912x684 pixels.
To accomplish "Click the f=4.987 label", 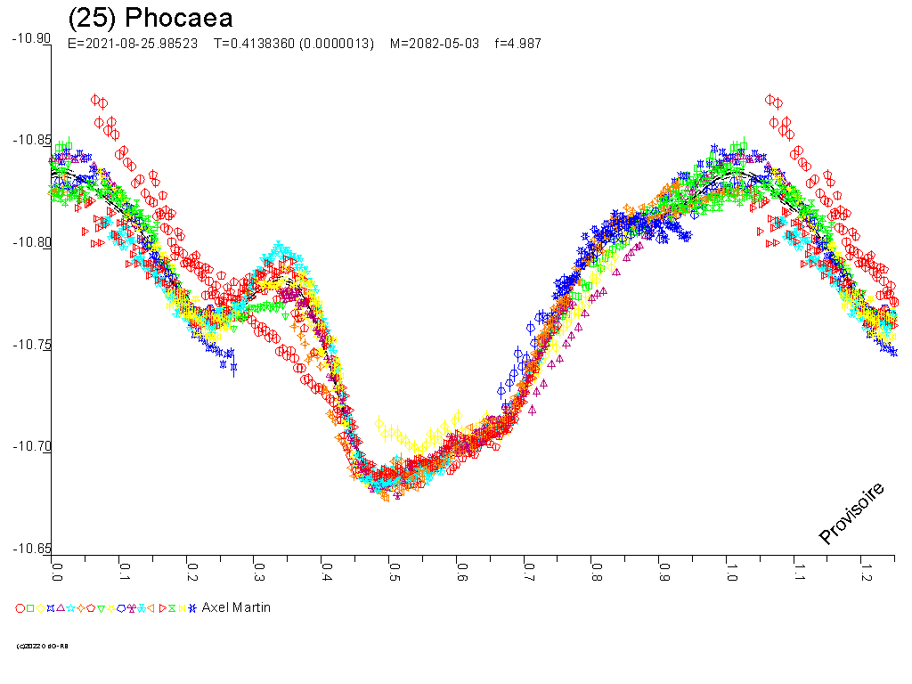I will [517, 44].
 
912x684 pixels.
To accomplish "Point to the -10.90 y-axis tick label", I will [31, 38].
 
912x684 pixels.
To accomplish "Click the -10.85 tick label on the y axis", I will [31, 141].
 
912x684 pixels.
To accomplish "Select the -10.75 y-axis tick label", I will [31, 345].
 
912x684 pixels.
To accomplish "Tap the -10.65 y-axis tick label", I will [31, 549].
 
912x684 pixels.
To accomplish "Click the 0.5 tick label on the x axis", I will [394, 571].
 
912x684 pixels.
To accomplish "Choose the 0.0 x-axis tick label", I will [57, 571].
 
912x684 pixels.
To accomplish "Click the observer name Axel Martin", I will [236, 607].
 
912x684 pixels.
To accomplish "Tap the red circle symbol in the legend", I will [20, 608].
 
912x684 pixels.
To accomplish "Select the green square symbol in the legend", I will [30, 608].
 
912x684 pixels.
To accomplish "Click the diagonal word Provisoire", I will [851, 513].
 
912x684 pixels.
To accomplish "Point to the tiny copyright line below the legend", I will [42, 646].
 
